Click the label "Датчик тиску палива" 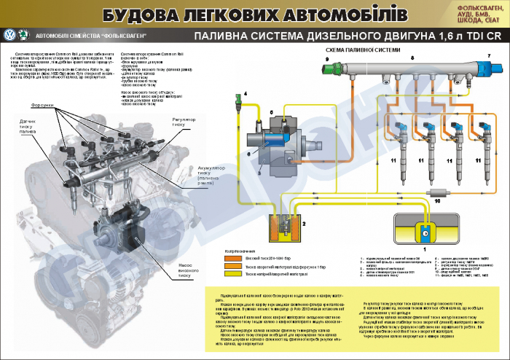(28, 126)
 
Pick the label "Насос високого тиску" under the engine (187, 270)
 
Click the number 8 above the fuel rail (412, 57)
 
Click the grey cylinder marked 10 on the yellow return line (437, 191)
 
